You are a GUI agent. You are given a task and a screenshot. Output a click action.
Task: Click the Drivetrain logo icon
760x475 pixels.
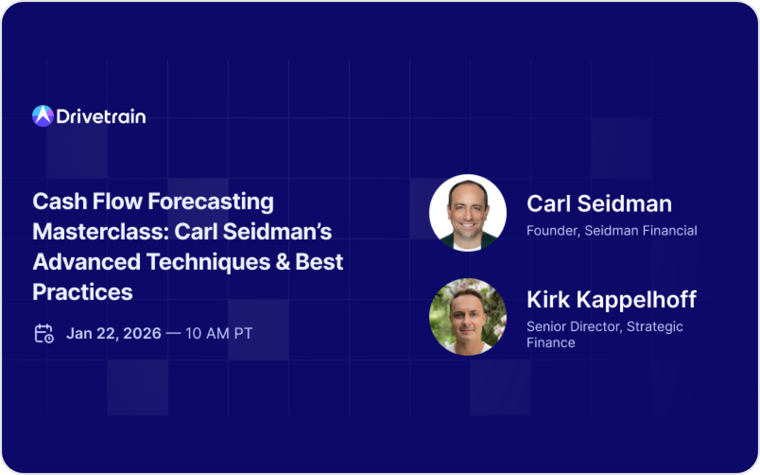tap(43, 116)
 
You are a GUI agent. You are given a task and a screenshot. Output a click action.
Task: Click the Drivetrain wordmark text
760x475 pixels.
tap(101, 117)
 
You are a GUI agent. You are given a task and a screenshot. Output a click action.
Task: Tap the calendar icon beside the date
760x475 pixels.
tap(44, 333)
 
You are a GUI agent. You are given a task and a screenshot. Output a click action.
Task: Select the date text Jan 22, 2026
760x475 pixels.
tap(114, 333)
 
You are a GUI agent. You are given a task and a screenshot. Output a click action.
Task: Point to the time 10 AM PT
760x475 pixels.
tap(219, 333)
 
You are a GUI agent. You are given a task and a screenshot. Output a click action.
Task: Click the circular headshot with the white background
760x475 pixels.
tap(468, 213)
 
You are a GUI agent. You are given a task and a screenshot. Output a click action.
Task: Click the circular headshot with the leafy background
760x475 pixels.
tap(468, 317)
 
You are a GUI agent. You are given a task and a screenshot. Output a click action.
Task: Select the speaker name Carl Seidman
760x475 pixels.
tap(599, 204)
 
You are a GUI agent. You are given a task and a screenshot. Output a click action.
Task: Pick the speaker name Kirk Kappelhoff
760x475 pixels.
tap(612, 299)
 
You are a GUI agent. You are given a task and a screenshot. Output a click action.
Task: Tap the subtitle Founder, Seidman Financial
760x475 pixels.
tap(612, 231)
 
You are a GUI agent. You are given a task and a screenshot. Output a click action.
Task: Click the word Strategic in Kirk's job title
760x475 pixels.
tap(655, 327)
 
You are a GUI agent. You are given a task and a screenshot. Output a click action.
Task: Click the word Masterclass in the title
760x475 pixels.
tap(101, 232)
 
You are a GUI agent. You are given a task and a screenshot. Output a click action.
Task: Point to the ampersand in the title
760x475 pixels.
tap(283, 262)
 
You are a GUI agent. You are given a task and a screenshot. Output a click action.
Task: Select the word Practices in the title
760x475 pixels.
tap(83, 292)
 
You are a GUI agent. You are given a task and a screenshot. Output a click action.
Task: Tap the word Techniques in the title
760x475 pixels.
tap(208, 263)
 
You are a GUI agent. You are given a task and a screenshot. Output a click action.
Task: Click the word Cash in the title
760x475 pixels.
tap(60, 201)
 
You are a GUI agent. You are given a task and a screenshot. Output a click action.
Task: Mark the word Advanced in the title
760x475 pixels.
tap(87, 262)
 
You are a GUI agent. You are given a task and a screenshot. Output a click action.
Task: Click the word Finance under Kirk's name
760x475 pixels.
tap(551, 343)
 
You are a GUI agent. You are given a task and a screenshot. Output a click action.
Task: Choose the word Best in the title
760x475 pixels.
tap(319, 262)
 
